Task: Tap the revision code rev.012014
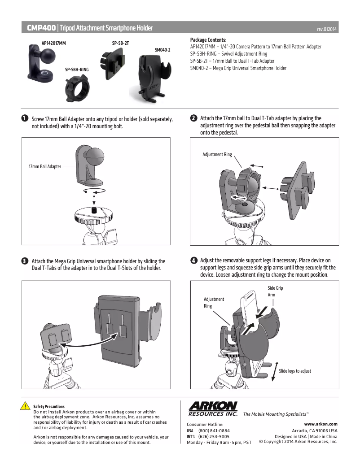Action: click(x=327, y=29)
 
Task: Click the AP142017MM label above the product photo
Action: click(x=54, y=43)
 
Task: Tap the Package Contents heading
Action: click(x=208, y=40)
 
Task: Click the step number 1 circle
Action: click(x=24, y=119)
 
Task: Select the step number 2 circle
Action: click(x=193, y=118)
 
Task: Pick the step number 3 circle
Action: click(x=24, y=261)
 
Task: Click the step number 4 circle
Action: click(x=193, y=261)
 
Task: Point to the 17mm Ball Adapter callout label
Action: click(x=45, y=166)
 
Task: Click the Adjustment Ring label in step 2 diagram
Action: click(x=217, y=154)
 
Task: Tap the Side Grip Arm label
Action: click(x=275, y=291)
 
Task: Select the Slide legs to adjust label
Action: click(x=295, y=371)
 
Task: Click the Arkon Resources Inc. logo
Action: click(x=213, y=409)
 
